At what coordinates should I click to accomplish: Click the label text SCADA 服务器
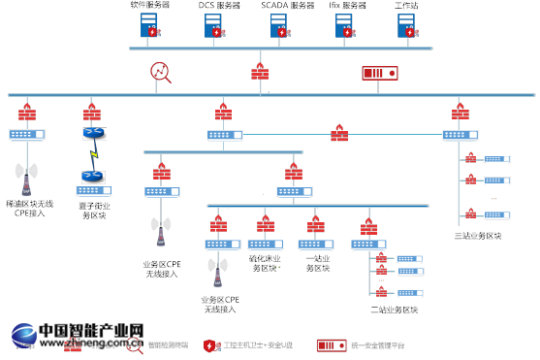coord(288,6)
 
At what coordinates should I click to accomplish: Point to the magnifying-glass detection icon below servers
coord(160,72)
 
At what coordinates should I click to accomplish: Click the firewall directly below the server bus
coord(260,72)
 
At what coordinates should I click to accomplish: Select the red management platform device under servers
coord(379,73)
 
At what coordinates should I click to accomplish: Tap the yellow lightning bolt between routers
coord(93,154)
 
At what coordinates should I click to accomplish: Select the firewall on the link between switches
coord(340,132)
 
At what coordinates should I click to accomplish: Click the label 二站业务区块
coord(394,310)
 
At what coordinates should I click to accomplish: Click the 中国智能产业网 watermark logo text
coord(78,331)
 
